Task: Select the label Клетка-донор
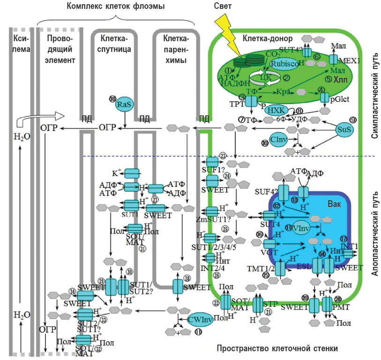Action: point(269,38)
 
